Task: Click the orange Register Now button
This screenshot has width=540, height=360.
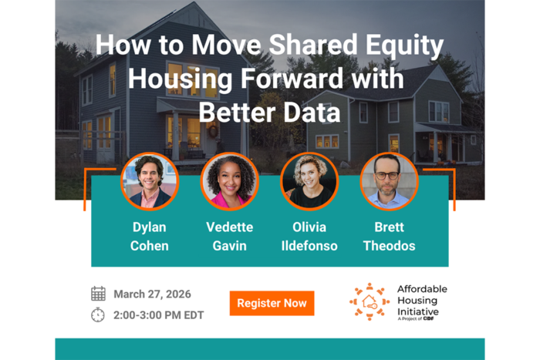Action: [272, 303]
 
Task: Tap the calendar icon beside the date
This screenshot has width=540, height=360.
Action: [98, 294]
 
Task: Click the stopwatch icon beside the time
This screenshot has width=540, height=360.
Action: [98, 315]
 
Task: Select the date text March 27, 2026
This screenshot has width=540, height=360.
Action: [152, 294]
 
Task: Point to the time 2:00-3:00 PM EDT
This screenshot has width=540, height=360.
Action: [158, 315]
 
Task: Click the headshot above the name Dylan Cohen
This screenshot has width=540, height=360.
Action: [150, 181]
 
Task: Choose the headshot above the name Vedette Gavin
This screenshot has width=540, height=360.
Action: [229, 181]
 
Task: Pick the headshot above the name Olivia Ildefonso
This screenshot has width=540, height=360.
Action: [309, 181]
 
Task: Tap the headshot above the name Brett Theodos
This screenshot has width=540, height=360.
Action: [389, 181]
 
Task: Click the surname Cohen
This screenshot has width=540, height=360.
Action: [150, 246]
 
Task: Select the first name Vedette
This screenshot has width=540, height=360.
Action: [229, 227]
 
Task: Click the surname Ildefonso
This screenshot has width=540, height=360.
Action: [309, 246]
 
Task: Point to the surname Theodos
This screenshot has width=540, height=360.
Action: [389, 246]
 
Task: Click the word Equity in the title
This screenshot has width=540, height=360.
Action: [404, 45]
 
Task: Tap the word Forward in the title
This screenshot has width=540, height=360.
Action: [292, 79]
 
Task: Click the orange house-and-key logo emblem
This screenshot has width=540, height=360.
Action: [370, 302]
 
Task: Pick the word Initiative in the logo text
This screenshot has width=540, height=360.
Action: [418, 311]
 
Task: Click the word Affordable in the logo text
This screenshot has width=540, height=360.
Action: [422, 289]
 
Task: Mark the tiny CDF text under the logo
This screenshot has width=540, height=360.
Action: [428, 318]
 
